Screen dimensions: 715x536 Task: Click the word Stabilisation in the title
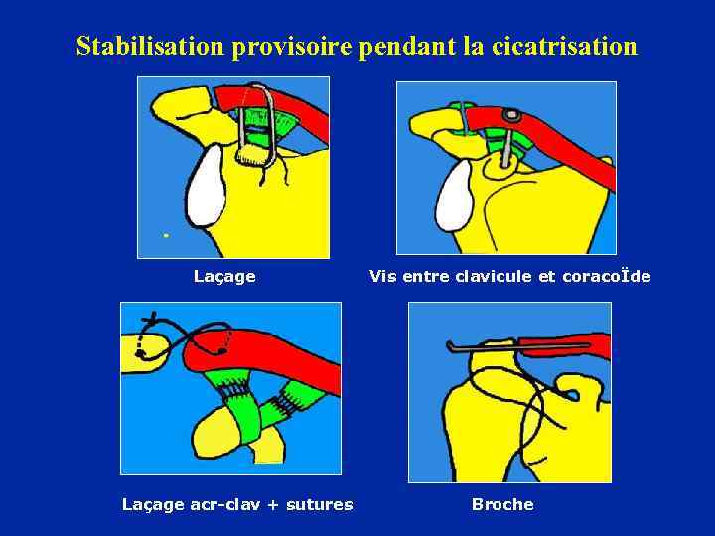click(151, 46)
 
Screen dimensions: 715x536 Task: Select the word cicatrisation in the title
click(564, 46)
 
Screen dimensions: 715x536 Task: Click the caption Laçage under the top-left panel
click(224, 276)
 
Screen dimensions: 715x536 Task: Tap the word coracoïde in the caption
click(607, 276)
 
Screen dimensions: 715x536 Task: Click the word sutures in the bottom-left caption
click(319, 504)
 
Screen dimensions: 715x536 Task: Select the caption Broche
click(502, 504)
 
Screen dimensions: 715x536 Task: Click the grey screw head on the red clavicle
click(512, 115)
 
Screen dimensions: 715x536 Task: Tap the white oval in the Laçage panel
click(206, 186)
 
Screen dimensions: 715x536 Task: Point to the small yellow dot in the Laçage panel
click(166, 235)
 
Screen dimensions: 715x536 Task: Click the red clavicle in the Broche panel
click(565, 346)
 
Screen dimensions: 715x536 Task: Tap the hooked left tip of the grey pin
click(449, 345)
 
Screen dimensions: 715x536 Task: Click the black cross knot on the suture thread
click(153, 318)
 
